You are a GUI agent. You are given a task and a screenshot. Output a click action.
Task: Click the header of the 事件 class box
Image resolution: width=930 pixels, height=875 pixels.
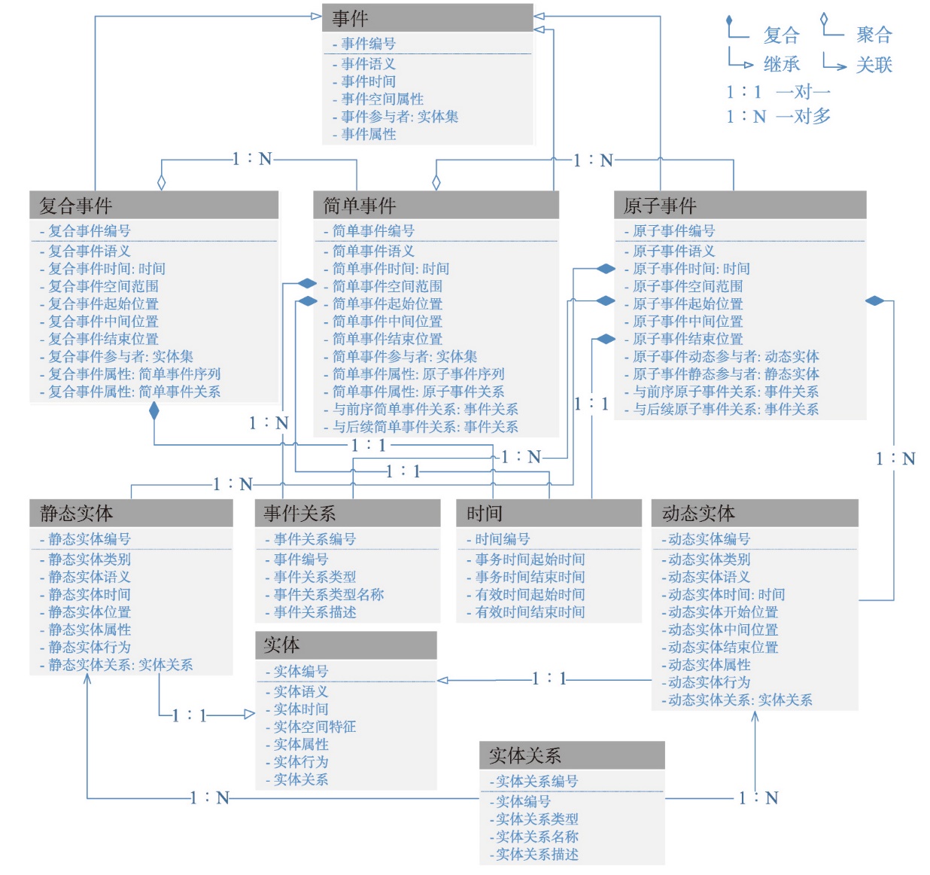point(427,18)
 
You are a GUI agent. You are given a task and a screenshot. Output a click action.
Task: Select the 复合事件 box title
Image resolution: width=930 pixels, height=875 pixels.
point(76,206)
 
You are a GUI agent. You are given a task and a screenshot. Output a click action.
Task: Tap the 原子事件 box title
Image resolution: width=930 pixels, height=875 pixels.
point(660,206)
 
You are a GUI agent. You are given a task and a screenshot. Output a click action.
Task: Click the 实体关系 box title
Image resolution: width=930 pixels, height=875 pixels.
point(525,755)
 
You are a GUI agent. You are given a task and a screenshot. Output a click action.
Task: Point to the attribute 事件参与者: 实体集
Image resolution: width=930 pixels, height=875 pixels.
point(400,117)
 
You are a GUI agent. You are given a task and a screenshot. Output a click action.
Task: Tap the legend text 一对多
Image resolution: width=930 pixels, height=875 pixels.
point(803,116)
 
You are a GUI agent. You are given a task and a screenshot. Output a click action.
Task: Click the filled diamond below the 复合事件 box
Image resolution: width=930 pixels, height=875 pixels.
point(154,411)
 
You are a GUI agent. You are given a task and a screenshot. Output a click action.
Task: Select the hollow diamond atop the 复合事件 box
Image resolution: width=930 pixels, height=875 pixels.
point(162,182)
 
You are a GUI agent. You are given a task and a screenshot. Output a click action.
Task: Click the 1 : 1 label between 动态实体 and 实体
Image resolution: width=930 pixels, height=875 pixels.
point(549,678)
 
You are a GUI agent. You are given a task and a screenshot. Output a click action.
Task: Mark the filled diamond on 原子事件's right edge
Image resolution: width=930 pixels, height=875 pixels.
point(875,301)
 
